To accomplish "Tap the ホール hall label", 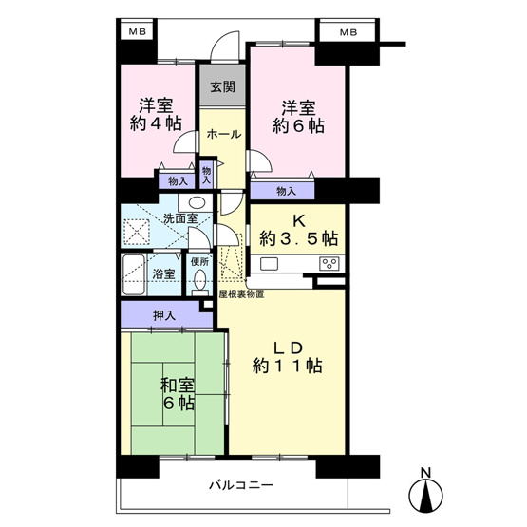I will [223, 134].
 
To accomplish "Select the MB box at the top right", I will [348, 32].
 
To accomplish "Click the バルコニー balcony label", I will [235, 485].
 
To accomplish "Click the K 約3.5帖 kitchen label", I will [296, 227].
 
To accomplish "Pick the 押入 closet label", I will [164, 315].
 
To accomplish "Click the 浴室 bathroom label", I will [164, 274].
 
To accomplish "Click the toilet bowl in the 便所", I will [198, 281].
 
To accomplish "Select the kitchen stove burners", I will [329, 263].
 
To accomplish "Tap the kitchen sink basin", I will [268, 263].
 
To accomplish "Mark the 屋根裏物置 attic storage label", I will [241, 294].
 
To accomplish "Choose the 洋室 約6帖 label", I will [295, 115].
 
